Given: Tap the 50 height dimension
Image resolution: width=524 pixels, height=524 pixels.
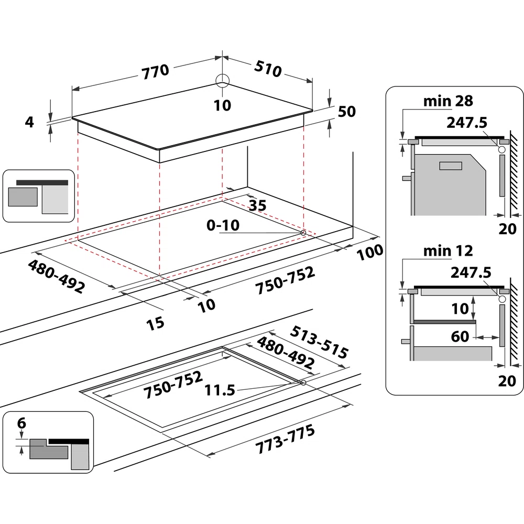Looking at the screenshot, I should coord(346,112).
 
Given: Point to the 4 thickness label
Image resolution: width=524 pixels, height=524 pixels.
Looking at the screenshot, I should coord(29,122).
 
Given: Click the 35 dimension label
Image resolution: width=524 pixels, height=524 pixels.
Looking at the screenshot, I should coord(256,205).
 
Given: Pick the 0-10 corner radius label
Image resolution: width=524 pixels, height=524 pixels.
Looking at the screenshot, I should coord(223,226).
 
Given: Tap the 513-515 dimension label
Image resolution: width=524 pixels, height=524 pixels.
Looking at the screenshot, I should coord(319,342).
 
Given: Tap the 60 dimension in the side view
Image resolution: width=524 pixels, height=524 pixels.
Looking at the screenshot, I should coord(460,336).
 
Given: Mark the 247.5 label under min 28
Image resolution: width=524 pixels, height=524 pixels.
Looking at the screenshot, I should coord(467,123).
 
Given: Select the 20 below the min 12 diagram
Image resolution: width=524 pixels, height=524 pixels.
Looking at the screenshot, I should coord(507,381).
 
